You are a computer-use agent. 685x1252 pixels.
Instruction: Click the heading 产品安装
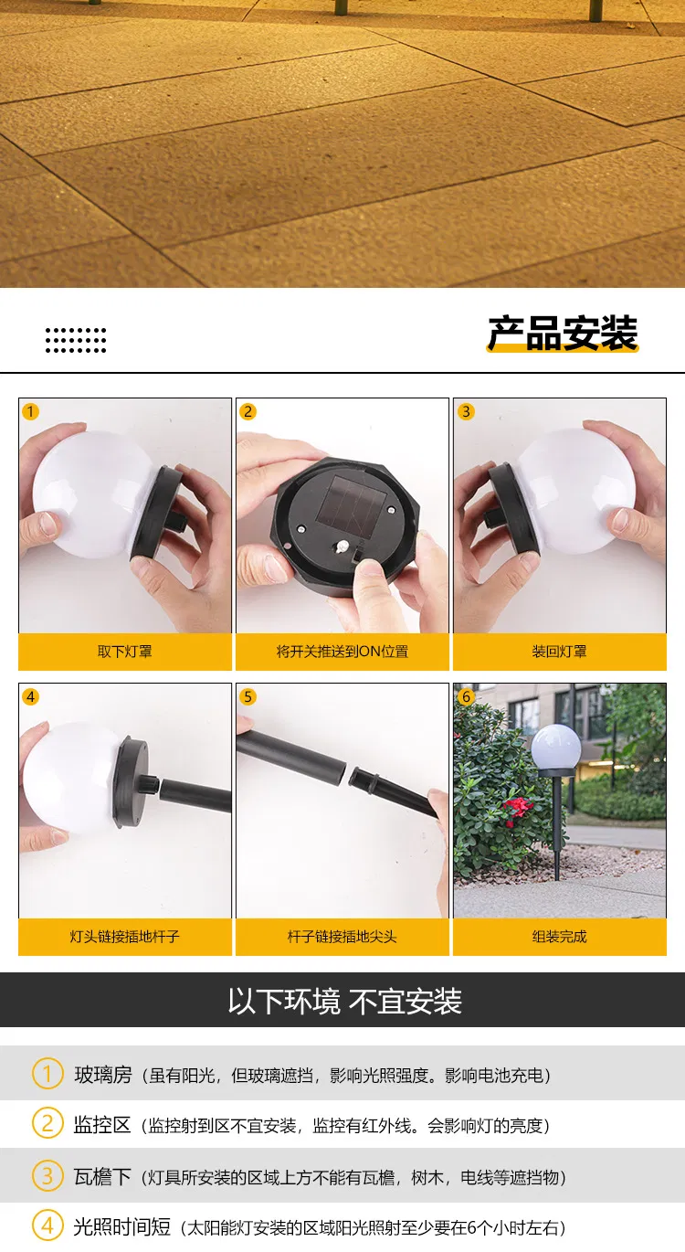[x=562, y=334]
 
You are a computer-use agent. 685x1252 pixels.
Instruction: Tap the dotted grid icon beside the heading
[x=76, y=340]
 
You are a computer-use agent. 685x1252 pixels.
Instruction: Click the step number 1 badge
[x=31, y=411]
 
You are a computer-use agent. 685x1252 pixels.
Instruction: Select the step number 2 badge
[x=248, y=411]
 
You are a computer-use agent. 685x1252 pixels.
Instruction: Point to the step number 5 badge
[x=248, y=697]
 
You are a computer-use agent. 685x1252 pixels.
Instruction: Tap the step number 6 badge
[x=466, y=697]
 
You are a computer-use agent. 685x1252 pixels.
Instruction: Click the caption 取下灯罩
[x=125, y=652]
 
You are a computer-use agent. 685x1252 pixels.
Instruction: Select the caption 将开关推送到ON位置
[x=342, y=652]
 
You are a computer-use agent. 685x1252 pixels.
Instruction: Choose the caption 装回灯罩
[x=560, y=652]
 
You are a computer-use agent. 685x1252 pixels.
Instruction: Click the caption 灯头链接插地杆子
[x=125, y=937]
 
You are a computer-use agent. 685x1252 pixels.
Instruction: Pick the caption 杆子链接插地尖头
[x=342, y=937]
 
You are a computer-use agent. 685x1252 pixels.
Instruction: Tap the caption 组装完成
[x=560, y=937]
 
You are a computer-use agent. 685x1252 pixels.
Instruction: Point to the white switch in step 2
[x=341, y=546]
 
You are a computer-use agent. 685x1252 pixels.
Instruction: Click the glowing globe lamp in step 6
[x=556, y=747]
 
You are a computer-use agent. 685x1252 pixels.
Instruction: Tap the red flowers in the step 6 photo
[x=518, y=807]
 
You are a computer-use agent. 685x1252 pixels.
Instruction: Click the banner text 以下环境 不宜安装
[x=344, y=1001]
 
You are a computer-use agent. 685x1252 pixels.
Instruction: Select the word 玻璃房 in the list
[x=103, y=1075]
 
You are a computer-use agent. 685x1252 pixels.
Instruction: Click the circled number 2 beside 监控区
[x=47, y=1124]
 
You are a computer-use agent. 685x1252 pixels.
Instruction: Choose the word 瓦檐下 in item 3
[x=103, y=1176]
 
